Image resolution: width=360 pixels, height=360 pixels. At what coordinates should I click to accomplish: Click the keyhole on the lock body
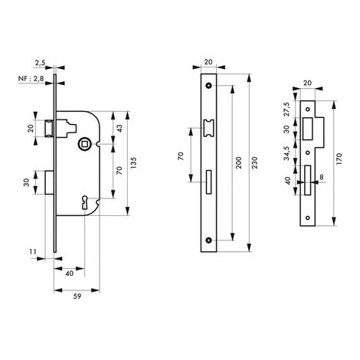[84, 202]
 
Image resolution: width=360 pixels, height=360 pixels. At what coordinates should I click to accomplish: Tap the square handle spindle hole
[83, 144]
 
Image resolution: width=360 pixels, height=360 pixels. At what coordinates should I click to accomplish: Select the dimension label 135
[134, 163]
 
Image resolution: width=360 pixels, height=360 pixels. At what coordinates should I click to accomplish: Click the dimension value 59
[77, 296]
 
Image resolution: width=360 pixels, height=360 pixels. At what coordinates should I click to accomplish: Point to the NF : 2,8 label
[31, 79]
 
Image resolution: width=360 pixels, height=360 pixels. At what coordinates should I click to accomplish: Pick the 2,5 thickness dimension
[40, 63]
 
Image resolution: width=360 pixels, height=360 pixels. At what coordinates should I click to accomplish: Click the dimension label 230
[255, 162]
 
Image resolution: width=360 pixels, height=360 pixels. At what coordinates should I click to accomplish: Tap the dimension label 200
[238, 162]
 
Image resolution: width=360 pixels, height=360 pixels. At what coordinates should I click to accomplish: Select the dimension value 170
[339, 159]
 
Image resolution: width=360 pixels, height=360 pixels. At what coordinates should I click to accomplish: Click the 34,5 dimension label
[288, 153]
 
